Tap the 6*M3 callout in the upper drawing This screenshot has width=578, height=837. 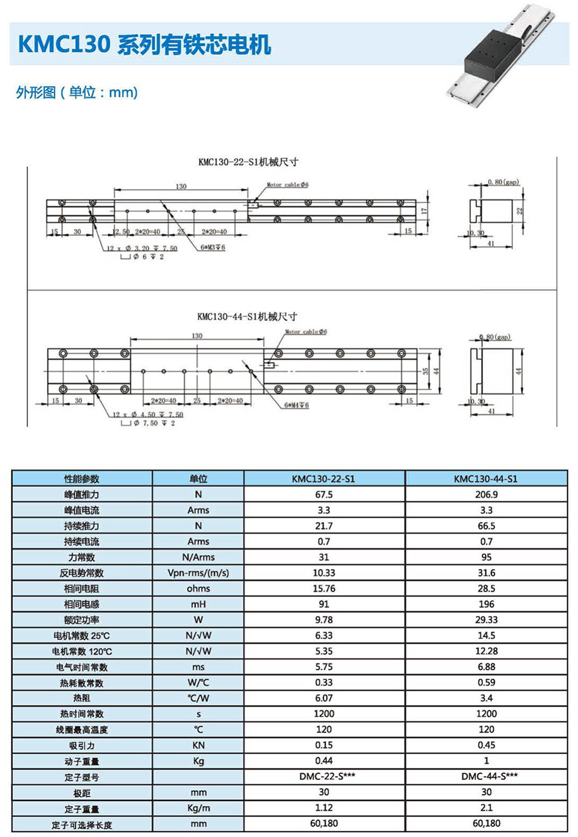(x=213, y=247)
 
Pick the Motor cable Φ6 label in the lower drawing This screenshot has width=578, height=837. (x=306, y=332)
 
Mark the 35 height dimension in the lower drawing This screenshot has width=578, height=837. (x=425, y=372)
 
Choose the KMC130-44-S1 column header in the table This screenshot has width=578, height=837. (x=486, y=479)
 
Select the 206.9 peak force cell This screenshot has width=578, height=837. (x=486, y=495)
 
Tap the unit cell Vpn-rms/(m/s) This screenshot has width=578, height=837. (x=198, y=573)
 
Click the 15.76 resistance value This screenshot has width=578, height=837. (x=325, y=588)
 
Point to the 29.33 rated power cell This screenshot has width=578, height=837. (x=486, y=620)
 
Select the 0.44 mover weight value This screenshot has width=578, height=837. (x=325, y=761)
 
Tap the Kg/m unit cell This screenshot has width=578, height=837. (x=198, y=808)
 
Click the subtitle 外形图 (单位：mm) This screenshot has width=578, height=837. (x=77, y=92)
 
